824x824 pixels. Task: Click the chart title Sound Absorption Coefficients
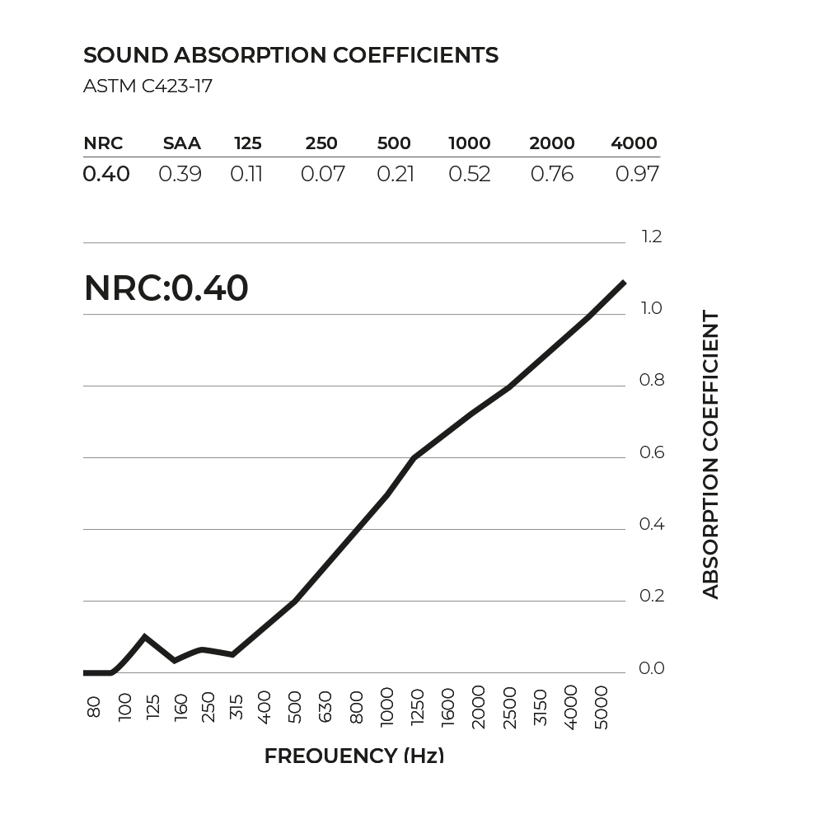(x=291, y=55)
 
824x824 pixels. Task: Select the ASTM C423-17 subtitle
(x=148, y=86)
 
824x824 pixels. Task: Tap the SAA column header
(x=181, y=143)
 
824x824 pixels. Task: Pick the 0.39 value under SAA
(x=180, y=174)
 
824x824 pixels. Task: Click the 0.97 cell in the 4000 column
(x=637, y=174)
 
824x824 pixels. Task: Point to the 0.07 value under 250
(x=322, y=174)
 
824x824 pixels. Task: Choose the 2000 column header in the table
(x=551, y=143)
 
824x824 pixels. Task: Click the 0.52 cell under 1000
(x=469, y=174)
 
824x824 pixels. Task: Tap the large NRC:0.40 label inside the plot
(x=166, y=288)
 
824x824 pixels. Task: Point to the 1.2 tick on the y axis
(x=651, y=237)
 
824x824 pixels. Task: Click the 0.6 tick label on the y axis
(x=651, y=452)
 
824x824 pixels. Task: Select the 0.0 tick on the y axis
(x=651, y=668)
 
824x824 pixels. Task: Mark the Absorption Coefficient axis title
(x=710, y=455)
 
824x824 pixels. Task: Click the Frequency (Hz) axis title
(x=354, y=756)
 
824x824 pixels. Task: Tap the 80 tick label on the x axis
(x=94, y=707)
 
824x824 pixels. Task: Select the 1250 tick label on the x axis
(x=417, y=706)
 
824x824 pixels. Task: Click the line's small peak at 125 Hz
(x=145, y=636)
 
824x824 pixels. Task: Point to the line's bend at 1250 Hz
(x=414, y=456)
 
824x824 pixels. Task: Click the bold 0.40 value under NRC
(x=106, y=174)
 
